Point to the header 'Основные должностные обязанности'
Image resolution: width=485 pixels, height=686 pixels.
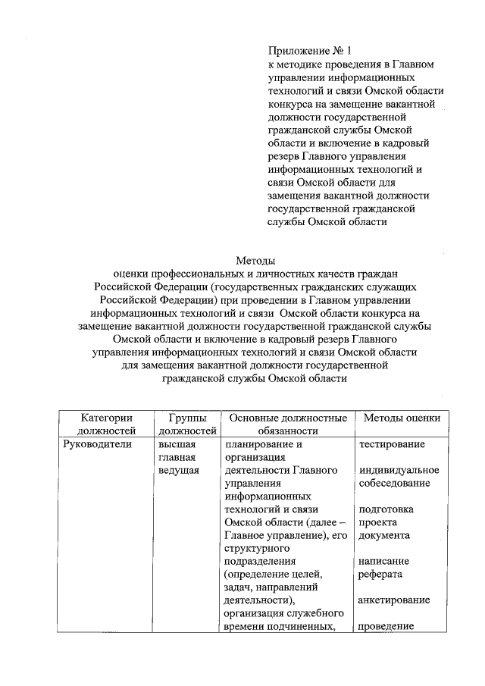[x=288, y=424]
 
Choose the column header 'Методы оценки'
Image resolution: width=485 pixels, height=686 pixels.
[x=402, y=418]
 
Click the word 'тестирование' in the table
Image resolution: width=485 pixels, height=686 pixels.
[x=391, y=444]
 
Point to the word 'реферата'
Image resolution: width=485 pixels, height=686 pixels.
[x=383, y=575]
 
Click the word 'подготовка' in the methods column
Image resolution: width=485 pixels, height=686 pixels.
[x=386, y=509]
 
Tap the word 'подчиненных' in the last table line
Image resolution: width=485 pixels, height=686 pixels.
[x=305, y=627]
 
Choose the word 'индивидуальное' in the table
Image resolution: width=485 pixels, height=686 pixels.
[x=399, y=470]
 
